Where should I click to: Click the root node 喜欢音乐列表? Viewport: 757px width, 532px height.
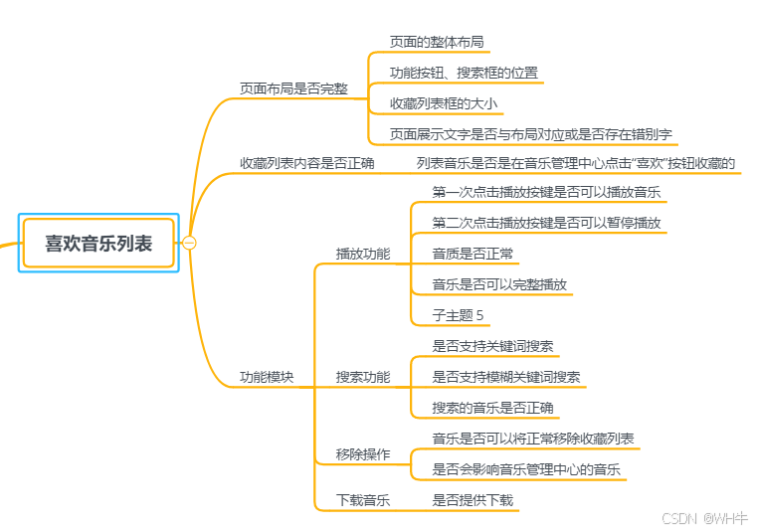[98, 243]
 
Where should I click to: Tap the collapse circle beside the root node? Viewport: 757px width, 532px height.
[189, 243]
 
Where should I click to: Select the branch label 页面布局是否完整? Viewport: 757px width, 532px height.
[293, 89]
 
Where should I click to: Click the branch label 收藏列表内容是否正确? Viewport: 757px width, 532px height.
[306, 162]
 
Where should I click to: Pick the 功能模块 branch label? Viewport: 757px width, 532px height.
[267, 377]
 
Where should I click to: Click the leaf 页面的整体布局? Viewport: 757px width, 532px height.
[437, 42]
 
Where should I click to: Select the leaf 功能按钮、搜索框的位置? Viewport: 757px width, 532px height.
[464, 73]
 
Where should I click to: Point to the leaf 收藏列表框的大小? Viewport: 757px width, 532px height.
[443, 103]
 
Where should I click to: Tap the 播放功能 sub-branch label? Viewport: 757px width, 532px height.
[363, 254]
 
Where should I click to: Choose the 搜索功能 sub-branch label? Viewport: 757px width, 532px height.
[363, 377]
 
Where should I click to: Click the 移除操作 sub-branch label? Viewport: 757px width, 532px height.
[363, 454]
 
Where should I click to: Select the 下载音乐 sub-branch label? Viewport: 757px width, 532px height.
[363, 500]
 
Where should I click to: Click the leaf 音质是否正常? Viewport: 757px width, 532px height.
[473, 254]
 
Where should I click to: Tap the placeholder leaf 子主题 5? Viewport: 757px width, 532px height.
[458, 315]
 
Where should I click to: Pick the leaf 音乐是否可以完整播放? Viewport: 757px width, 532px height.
[499, 284]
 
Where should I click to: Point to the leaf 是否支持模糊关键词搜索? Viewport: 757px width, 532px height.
[506, 377]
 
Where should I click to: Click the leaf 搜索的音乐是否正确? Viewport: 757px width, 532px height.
[493, 408]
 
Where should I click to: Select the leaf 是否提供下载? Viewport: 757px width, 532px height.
[473, 500]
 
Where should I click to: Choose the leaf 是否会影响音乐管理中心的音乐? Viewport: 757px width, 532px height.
[527, 469]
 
